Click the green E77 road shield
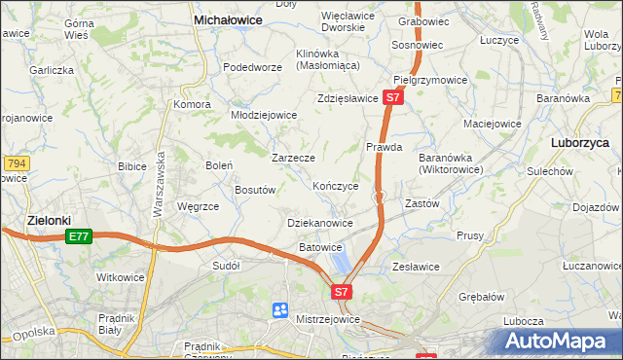(79, 236)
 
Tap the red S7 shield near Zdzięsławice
(392, 97)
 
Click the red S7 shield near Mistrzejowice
(341, 291)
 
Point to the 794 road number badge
(14, 162)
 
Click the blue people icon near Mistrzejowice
(280, 310)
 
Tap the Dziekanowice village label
(320, 223)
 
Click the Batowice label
(320, 248)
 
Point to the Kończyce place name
(336, 185)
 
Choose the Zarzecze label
(292, 157)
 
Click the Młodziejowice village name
(263, 114)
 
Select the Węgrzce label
(198, 206)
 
